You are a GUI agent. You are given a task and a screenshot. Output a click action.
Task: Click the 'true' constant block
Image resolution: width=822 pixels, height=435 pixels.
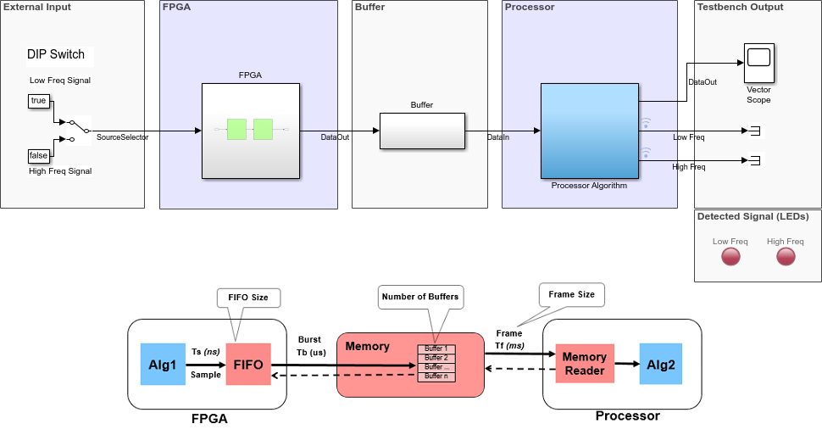pyautogui.click(x=38, y=101)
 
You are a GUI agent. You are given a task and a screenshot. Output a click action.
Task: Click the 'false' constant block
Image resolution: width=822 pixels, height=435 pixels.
pyautogui.click(x=38, y=155)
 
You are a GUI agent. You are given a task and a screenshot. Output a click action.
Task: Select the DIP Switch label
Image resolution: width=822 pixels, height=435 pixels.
pyautogui.click(x=56, y=55)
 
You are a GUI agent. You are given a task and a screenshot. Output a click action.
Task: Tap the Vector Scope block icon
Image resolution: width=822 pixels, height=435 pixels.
pyautogui.click(x=758, y=59)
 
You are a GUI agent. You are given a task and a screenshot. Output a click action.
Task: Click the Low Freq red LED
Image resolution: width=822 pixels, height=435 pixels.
pyautogui.click(x=730, y=258)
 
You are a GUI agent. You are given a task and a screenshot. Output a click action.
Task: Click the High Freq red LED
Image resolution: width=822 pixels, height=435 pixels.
pyautogui.click(x=785, y=258)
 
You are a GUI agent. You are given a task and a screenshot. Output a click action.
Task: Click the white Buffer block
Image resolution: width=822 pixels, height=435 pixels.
pyautogui.click(x=421, y=131)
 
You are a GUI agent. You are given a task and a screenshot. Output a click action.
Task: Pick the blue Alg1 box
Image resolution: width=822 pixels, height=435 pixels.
pyautogui.click(x=160, y=365)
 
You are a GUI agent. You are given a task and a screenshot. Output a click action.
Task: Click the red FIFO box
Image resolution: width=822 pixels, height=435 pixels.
pyautogui.click(x=248, y=365)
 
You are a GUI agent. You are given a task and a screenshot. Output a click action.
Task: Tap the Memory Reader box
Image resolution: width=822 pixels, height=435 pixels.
pyautogui.click(x=585, y=363)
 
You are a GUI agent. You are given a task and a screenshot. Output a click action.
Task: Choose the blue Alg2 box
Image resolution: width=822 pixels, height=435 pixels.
pyautogui.click(x=661, y=363)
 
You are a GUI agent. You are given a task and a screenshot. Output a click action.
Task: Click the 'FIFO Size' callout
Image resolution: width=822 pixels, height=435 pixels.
pyautogui.click(x=248, y=298)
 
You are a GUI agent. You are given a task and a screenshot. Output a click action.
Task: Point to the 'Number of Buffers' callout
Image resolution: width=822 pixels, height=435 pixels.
pyautogui.click(x=420, y=296)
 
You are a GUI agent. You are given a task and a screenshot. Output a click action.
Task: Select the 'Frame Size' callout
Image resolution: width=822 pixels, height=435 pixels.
pyautogui.click(x=571, y=294)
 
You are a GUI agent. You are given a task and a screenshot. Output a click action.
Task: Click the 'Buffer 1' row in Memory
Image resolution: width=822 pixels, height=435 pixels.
pyautogui.click(x=436, y=349)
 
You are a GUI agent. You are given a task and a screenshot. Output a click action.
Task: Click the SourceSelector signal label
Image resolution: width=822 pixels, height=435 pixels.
pyautogui.click(x=122, y=137)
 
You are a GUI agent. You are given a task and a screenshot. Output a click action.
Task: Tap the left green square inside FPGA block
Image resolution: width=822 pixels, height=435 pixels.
pyautogui.click(x=236, y=130)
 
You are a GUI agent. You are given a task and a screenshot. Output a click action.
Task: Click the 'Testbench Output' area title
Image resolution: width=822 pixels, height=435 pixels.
pyautogui.click(x=740, y=8)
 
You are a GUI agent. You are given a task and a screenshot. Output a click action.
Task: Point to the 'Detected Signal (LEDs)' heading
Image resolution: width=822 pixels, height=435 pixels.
pyautogui.click(x=750, y=216)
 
